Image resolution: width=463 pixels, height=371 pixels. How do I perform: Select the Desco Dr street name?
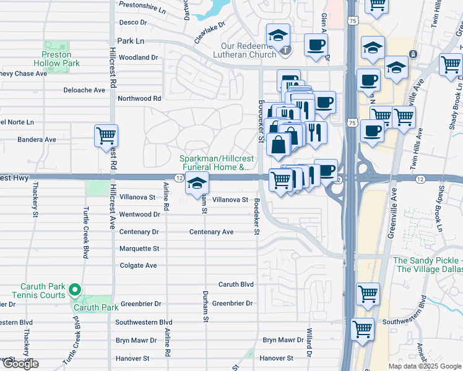132,22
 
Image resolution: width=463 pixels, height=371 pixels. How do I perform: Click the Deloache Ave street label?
84,90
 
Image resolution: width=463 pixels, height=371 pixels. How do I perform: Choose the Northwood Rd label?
139,98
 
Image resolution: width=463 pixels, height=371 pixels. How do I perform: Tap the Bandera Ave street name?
37,140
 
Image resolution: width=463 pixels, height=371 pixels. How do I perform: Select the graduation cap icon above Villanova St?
197,184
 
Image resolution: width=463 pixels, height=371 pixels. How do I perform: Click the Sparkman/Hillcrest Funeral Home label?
215,163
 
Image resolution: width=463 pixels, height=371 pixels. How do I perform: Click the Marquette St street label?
139,249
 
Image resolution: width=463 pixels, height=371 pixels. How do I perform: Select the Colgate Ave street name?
139,266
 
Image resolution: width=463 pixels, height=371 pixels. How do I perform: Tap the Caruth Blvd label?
236,284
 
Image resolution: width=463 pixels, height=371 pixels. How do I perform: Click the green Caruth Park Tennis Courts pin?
74,289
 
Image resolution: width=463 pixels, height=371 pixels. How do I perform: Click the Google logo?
20,364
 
